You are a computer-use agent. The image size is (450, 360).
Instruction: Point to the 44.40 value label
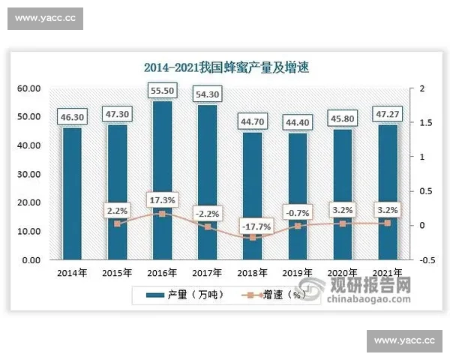[298, 120]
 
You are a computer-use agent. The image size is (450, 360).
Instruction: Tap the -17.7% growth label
[253, 224]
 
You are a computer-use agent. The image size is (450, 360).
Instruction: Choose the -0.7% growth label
[298, 212]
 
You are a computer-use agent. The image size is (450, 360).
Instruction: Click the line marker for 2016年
[163, 214]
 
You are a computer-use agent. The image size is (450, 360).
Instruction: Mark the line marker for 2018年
[253, 238]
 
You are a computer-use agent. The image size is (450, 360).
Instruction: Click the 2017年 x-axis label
[208, 272]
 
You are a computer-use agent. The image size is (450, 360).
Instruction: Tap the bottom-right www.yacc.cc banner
[405, 341]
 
